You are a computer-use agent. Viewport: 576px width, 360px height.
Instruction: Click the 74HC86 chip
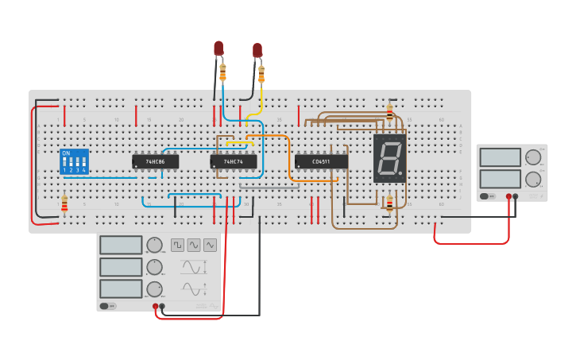(x=155, y=161)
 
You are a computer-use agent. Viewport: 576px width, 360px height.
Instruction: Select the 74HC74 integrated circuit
(x=233, y=161)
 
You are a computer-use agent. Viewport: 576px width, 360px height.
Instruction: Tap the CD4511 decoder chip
(x=321, y=161)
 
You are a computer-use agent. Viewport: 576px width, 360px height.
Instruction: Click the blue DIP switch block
(x=74, y=161)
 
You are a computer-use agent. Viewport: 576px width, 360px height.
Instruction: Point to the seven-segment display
(x=389, y=158)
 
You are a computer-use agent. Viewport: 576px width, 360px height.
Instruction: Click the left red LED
(x=218, y=48)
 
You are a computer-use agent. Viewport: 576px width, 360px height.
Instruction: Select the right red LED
(x=257, y=50)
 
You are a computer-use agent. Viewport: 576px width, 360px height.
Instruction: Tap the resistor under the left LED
(x=222, y=73)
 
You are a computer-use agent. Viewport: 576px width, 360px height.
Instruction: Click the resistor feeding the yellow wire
(x=261, y=75)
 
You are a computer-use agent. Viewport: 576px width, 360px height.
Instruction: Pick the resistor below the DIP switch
(x=64, y=205)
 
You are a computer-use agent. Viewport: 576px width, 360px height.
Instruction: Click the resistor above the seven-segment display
(x=389, y=111)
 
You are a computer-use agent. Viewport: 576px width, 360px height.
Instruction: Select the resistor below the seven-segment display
(x=389, y=204)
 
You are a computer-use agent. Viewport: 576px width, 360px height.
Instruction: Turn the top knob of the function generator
(x=155, y=245)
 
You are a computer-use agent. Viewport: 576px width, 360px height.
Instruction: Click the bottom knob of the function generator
(x=155, y=288)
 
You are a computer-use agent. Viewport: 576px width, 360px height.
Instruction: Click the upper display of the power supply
(x=501, y=157)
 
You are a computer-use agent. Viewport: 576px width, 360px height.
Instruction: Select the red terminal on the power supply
(x=508, y=195)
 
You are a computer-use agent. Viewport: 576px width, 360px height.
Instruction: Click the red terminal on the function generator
(x=155, y=306)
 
